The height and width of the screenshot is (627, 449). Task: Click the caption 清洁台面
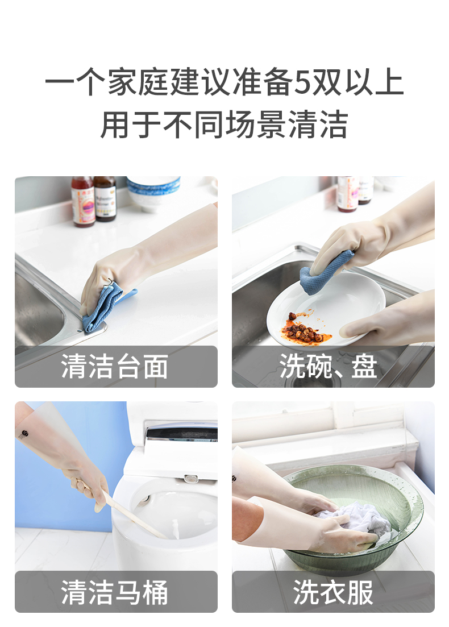pos(115,366)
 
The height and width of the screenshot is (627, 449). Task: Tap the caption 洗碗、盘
pos(329,366)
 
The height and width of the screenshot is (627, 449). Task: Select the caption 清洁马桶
pos(115,592)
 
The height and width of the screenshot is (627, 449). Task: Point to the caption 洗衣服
pos(333,592)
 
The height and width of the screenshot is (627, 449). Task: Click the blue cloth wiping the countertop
pos(105,306)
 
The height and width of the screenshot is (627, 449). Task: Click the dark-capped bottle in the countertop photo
pos(105,198)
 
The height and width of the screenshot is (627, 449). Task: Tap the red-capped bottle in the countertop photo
pos(83,202)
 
